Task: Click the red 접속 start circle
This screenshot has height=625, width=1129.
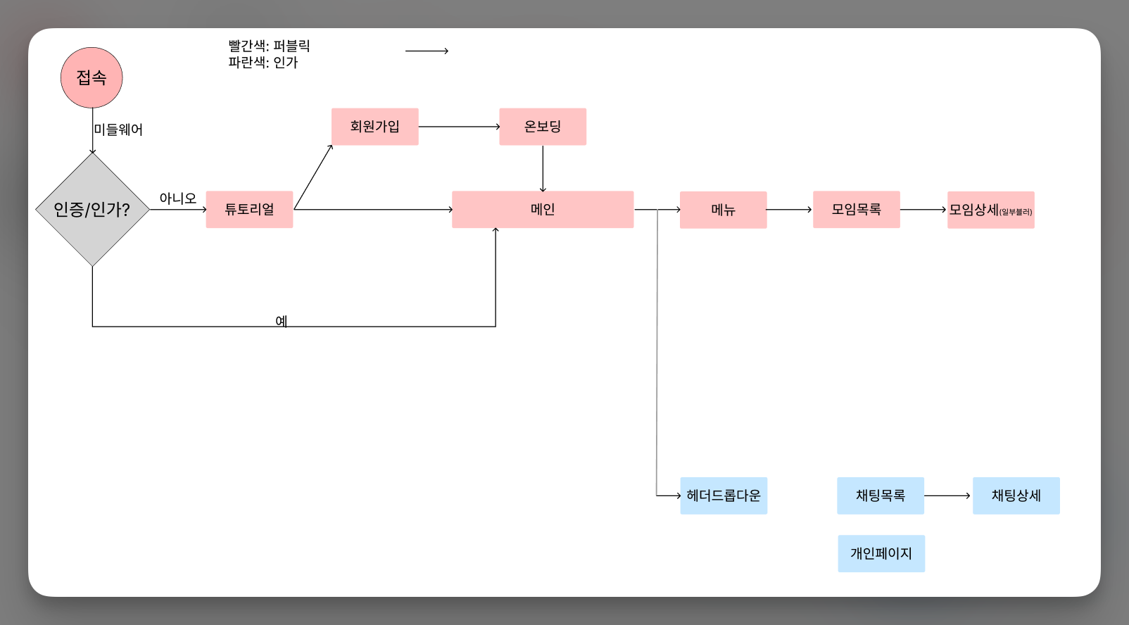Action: [x=92, y=77]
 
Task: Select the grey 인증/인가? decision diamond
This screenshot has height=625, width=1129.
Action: [x=92, y=210]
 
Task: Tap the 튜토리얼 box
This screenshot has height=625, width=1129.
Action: [x=249, y=210]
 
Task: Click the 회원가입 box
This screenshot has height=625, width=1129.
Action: [x=375, y=127]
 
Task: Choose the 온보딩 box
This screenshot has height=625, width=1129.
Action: [x=543, y=127]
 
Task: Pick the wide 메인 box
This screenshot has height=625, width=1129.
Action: [x=543, y=210]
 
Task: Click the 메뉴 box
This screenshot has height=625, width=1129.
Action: [x=723, y=210]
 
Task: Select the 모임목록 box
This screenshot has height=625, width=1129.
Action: [x=856, y=210]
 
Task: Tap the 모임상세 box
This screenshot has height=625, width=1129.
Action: [x=990, y=210]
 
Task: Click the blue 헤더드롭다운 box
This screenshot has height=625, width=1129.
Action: [x=724, y=495]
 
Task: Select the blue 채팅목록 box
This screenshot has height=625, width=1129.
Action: [x=881, y=495]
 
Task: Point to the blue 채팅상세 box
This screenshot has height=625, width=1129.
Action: [x=1016, y=495]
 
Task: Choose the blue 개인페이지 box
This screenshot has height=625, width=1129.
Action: [x=881, y=553]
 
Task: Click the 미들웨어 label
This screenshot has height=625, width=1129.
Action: [x=119, y=130]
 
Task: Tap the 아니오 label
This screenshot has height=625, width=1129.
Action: [x=177, y=198]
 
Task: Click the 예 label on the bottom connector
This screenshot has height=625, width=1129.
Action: [x=282, y=321]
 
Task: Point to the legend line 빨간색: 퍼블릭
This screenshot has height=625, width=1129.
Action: [x=269, y=46]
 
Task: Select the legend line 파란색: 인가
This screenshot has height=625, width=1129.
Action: [x=263, y=63]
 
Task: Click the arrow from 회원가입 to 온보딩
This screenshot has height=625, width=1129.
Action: [x=459, y=127]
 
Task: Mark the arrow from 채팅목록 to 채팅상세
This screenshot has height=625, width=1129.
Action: [x=947, y=495]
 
